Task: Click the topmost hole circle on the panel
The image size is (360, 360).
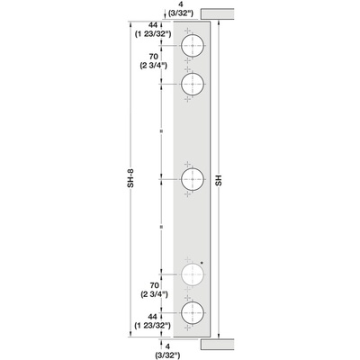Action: point(193,47)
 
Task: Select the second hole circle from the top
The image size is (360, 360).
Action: point(193,85)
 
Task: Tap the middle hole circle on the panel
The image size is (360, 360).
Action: point(193,180)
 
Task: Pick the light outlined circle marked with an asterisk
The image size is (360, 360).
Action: point(193,274)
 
